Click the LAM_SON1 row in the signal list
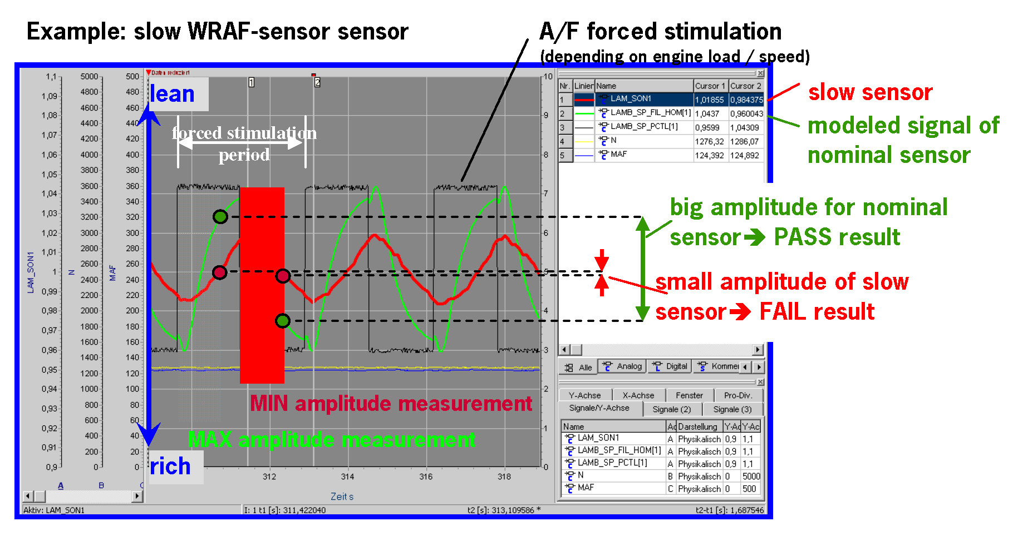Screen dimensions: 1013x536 [x=631, y=99]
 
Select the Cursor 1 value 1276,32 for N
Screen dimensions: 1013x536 [x=710, y=141]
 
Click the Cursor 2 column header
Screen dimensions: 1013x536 [x=745, y=86]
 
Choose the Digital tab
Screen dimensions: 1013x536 [x=671, y=366]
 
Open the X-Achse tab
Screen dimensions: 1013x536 [x=638, y=395]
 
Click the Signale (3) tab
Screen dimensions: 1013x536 [x=732, y=409]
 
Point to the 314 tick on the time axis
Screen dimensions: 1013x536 [x=347, y=477]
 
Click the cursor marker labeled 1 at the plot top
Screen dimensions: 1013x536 [x=251, y=82]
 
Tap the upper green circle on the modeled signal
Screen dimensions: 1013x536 [x=220, y=217]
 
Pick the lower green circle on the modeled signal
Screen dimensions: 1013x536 [x=283, y=321]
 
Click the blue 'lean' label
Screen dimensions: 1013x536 [x=173, y=94]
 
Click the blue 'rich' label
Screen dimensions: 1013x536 [x=170, y=466]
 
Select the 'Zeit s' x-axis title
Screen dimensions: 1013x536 [x=342, y=497]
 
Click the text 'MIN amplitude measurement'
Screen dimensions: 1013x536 [x=391, y=403]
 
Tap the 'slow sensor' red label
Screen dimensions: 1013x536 [x=870, y=92]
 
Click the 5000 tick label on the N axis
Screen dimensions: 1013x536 [x=89, y=76]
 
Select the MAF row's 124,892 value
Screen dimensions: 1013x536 [x=745, y=156]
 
